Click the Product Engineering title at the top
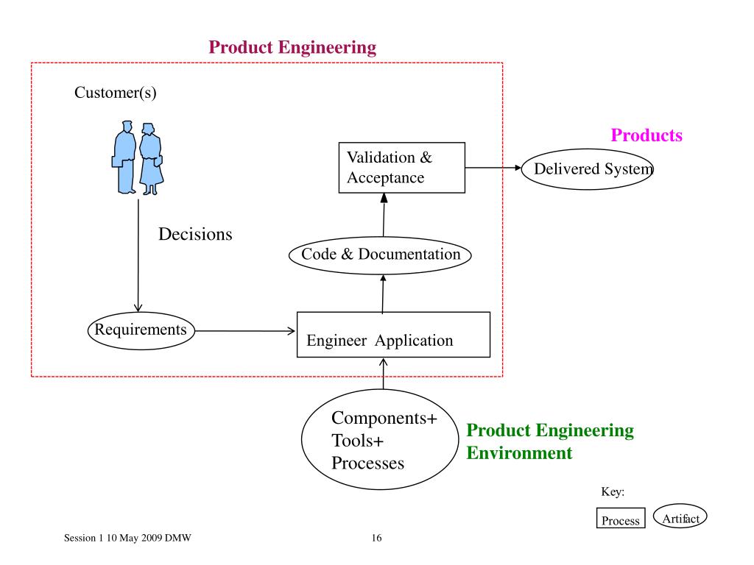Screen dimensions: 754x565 click(x=292, y=47)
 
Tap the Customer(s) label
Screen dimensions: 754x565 click(x=116, y=92)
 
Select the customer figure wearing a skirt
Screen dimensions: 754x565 click(x=152, y=159)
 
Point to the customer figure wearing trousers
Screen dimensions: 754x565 click(x=124, y=157)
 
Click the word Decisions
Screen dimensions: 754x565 click(x=195, y=234)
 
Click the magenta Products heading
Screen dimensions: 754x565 click(x=646, y=135)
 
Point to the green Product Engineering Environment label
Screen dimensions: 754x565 click(x=550, y=441)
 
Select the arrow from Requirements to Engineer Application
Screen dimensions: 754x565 click(x=244, y=331)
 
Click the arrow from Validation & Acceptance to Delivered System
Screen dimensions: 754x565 click(x=493, y=168)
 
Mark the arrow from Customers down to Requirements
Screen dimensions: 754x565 click(x=138, y=255)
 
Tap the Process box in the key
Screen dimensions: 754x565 click(x=621, y=518)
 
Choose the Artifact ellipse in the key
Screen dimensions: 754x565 click(x=680, y=516)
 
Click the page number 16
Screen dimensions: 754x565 click(x=376, y=538)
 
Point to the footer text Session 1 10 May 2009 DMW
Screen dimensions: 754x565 click(x=127, y=538)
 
